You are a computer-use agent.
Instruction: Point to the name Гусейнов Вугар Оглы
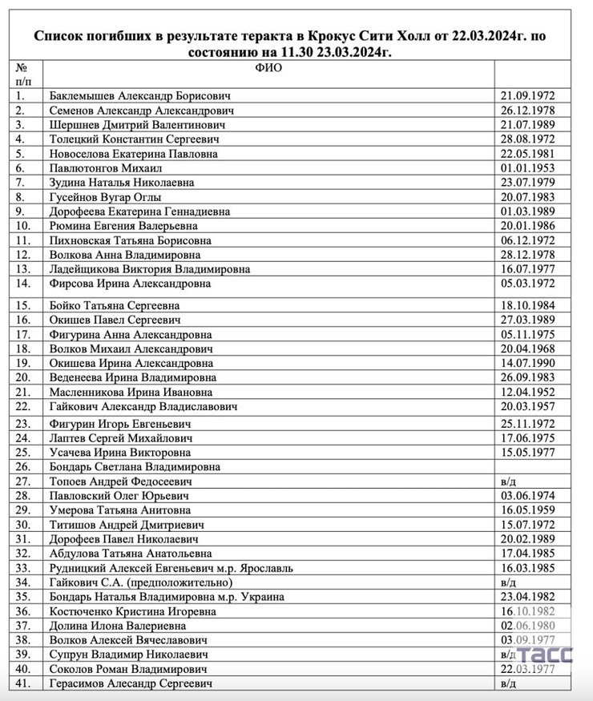105,196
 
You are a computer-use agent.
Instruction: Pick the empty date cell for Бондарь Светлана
531,466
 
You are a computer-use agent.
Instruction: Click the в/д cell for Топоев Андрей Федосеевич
509,481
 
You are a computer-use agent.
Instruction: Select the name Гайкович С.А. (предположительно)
141,582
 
